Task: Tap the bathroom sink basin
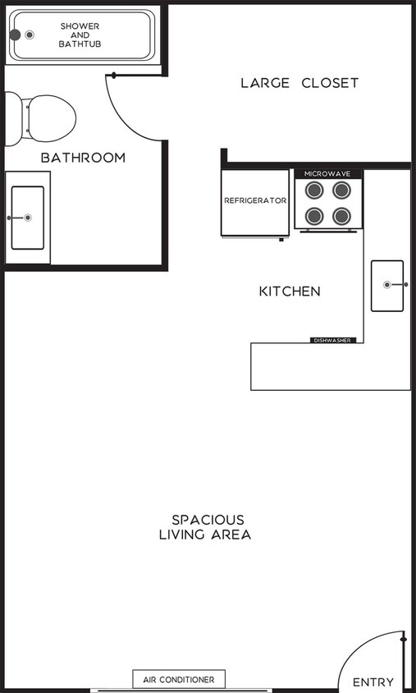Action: pos(27,218)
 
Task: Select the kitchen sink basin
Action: pos(387,285)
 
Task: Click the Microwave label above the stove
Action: pos(328,174)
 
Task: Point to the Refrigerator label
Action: pos(255,200)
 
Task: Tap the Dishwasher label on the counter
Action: pos(332,340)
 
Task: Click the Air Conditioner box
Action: pos(179,680)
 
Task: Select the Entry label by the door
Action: pos(373,682)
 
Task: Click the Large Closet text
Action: pos(299,83)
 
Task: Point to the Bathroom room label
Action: pos(84,158)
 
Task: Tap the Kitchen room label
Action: pos(290,291)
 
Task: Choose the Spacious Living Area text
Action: pos(206,527)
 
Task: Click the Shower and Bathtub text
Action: pos(80,34)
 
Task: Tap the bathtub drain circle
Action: pos(30,34)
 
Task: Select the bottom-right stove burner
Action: pos(342,216)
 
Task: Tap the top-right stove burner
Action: pos(342,190)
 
